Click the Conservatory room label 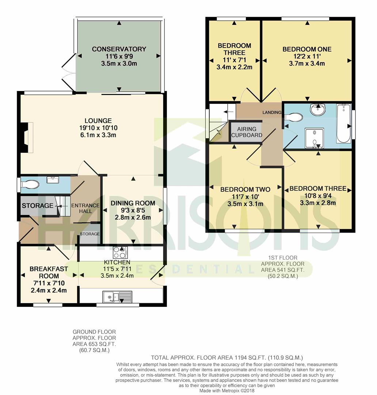click(119, 49)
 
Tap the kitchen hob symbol click(120, 252)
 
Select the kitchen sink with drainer click(117, 297)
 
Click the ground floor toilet click(30, 185)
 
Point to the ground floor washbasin click(53, 180)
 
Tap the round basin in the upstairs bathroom click(318, 109)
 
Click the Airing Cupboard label click(247, 132)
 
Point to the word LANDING click(272, 112)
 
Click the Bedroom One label click(307, 49)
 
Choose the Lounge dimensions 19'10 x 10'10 click(98, 128)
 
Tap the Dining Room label click(133, 203)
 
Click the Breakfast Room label click(49, 272)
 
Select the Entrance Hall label click(85, 208)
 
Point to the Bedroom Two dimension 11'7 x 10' click(245, 196)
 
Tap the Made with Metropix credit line click(227, 391)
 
